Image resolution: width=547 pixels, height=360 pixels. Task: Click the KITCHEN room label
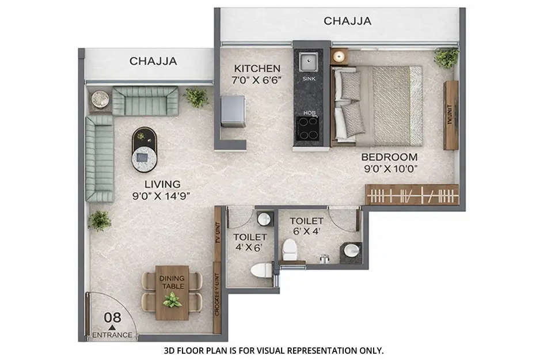pyautogui.click(x=257, y=68)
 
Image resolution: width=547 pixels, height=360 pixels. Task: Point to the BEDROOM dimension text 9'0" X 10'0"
pyautogui.click(x=389, y=169)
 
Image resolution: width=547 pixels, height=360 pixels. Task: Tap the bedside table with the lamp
pyautogui.click(x=339, y=56)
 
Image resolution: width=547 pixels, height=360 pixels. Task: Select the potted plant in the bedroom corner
pyautogui.click(x=446, y=57)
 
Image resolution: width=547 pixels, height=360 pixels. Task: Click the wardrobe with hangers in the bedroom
pyautogui.click(x=412, y=195)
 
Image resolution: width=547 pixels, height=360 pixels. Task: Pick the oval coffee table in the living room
pyautogui.click(x=144, y=149)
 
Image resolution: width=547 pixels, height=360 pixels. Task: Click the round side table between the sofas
pyautogui.click(x=100, y=98)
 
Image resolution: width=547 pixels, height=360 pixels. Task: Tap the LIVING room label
pyautogui.click(x=162, y=184)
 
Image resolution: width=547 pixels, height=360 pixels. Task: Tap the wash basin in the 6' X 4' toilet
pyautogui.click(x=351, y=251)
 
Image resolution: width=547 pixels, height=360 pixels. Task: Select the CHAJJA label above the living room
pyautogui.click(x=153, y=61)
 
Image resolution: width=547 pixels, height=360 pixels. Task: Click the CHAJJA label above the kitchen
pyautogui.click(x=347, y=21)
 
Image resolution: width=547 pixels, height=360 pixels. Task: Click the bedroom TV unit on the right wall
pyautogui.click(x=451, y=115)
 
